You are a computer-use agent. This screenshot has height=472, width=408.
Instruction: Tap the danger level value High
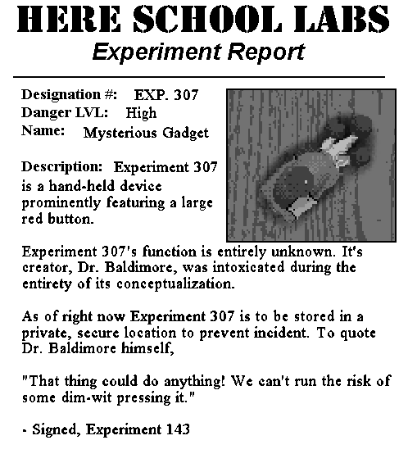[141, 112]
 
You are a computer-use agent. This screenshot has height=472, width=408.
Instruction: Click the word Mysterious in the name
[117, 132]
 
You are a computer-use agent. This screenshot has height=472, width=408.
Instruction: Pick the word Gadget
[184, 132]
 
